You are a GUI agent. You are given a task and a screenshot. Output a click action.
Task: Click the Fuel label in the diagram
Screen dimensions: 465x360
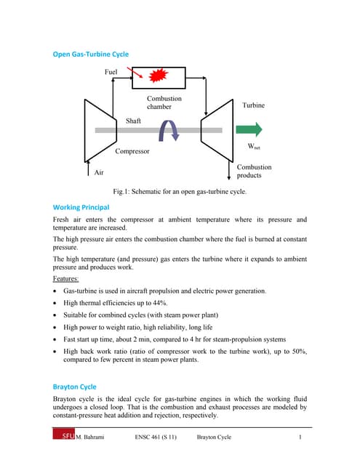coord(111,72)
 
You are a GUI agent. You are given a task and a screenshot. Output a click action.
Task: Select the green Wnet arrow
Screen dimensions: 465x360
coord(247,130)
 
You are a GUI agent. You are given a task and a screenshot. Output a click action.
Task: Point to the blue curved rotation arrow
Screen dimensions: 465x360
coord(169,132)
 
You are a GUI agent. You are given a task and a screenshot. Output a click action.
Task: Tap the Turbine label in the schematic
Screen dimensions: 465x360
coord(254,105)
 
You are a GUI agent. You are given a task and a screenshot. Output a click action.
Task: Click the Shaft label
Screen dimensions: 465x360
coord(134,121)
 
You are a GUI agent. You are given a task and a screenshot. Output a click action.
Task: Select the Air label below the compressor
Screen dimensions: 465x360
coord(100,172)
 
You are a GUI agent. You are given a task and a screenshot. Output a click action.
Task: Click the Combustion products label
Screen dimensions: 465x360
coord(254,171)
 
